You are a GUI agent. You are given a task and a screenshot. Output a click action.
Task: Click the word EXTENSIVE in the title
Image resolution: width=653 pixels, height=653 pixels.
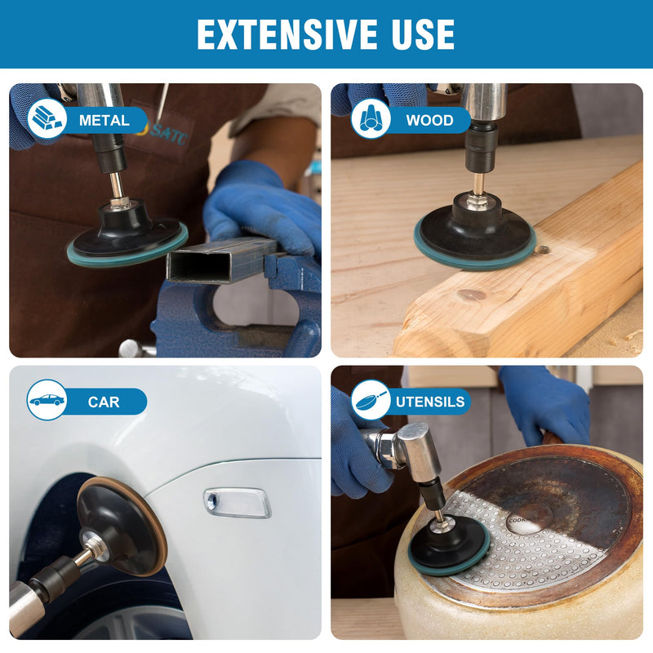click(287, 34)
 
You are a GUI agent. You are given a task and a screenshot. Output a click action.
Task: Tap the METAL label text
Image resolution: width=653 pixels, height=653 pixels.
click(104, 120)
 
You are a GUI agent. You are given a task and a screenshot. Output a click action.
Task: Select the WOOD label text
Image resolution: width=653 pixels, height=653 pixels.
click(430, 120)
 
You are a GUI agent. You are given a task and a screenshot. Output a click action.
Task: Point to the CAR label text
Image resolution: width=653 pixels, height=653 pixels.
click(104, 402)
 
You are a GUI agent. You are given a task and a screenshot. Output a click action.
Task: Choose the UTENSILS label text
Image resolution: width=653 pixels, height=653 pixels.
click(430, 402)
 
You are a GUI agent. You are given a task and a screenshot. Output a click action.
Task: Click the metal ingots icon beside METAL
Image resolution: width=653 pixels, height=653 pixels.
click(47, 118)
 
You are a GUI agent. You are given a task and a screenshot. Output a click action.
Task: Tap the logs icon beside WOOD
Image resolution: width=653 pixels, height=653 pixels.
click(371, 118)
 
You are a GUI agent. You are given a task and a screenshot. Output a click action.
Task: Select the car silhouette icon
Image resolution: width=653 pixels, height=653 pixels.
click(47, 400)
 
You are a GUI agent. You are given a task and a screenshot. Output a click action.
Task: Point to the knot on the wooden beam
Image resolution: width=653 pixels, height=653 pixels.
click(472, 295)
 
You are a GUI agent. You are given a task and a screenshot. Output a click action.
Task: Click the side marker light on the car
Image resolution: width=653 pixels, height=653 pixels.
click(238, 503)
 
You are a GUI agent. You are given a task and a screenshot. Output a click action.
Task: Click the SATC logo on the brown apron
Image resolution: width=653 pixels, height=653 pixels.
click(165, 132)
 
